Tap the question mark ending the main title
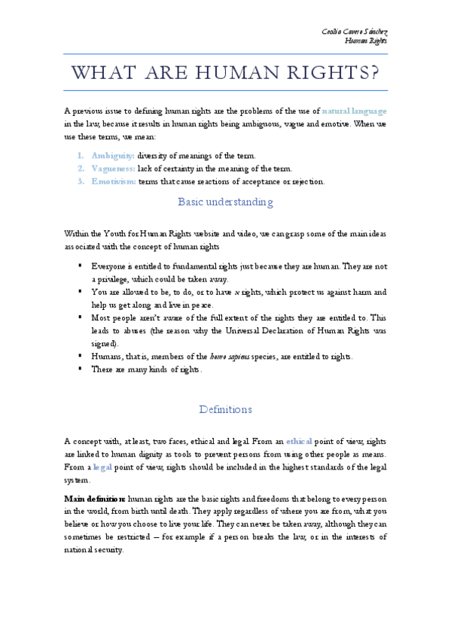(x=371, y=73)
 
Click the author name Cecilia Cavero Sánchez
(x=354, y=32)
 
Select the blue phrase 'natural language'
(x=355, y=110)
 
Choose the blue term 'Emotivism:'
(x=113, y=181)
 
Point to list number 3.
(x=81, y=181)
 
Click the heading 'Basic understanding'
(x=225, y=202)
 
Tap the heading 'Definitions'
(x=225, y=409)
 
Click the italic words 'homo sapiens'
(x=206, y=356)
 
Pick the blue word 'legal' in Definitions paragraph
(x=98, y=466)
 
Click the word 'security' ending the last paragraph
(x=107, y=549)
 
